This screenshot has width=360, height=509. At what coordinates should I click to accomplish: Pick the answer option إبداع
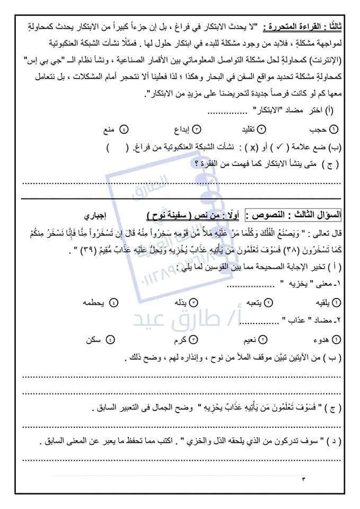(177, 129)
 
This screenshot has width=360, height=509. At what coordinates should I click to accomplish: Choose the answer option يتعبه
(253, 302)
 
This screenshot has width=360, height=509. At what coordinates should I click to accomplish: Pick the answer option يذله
(180, 302)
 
